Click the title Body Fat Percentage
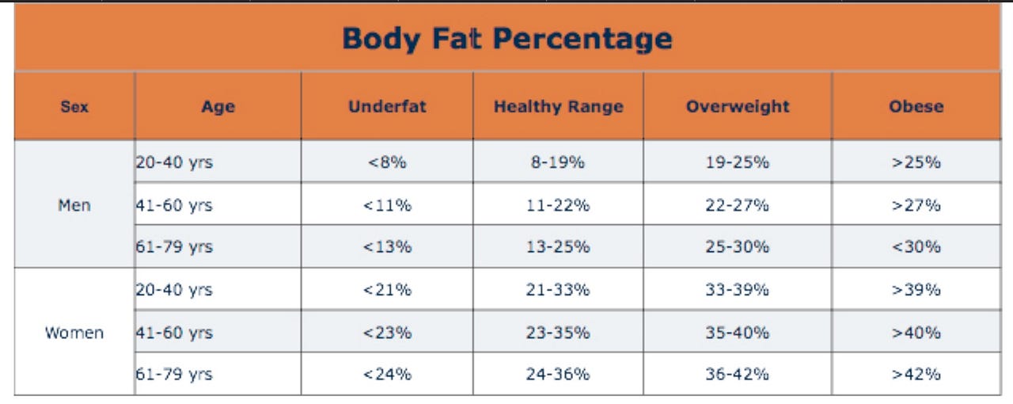click(x=506, y=38)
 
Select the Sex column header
click(x=74, y=106)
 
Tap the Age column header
click(x=218, y=106)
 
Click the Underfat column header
click(x=387, y=106)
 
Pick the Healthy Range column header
click(x=558, y=106)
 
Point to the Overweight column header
click(x=738, y=106)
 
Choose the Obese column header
click(x=916, y=106)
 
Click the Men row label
click(x=74, y=205)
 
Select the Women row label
click(x=74, y=333)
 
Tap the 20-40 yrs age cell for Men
click(x=174, y=162)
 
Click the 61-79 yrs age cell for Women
click(x=174, y=375)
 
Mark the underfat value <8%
click(x=387, y=162)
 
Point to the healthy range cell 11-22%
click(x=558, y=205)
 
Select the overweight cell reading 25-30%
click(x=738, y=247)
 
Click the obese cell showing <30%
click(x=916, y=247)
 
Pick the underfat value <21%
click(x=387, y=290)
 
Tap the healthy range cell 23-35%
click(x=558, y=333)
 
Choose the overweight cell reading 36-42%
click(x=738, y=375)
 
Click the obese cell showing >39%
click(x=916, y=290)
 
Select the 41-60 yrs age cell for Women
click(x=174, y=333)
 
